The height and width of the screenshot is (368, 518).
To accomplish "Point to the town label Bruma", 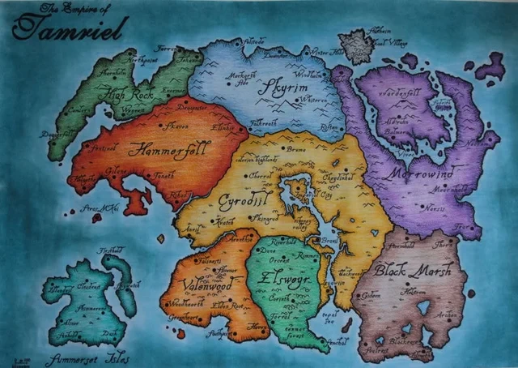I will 295,150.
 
